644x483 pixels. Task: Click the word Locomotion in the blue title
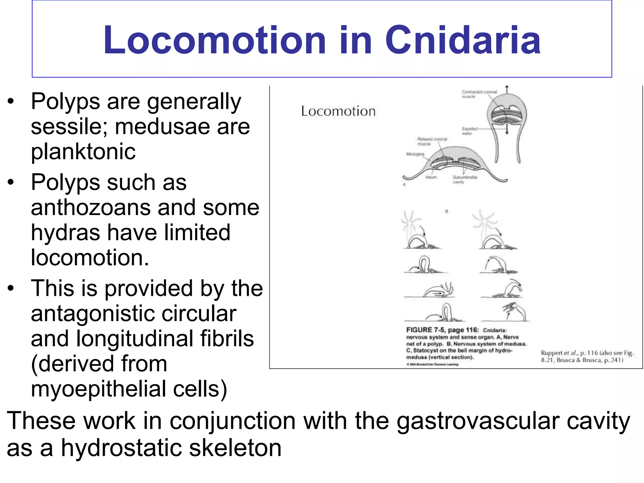tap(214, 40)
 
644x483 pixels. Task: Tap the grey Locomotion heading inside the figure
tap(338, 111)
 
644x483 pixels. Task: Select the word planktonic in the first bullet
tap(83, 152)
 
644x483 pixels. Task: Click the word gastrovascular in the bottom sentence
tap(478, 421)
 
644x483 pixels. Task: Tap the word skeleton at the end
tap(235, 448)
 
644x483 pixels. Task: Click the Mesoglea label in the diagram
tap(415, 154)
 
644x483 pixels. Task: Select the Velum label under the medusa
tap(431, 177)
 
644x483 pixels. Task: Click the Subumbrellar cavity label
tap(465, 180)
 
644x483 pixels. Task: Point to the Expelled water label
tap(469, 131)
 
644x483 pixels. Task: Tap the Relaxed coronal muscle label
tap(432, 141)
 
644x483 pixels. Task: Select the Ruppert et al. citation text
tap(587, 356)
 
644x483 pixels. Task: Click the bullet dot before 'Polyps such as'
tap(11, 182)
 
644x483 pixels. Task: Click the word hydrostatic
tap(121, 448)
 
